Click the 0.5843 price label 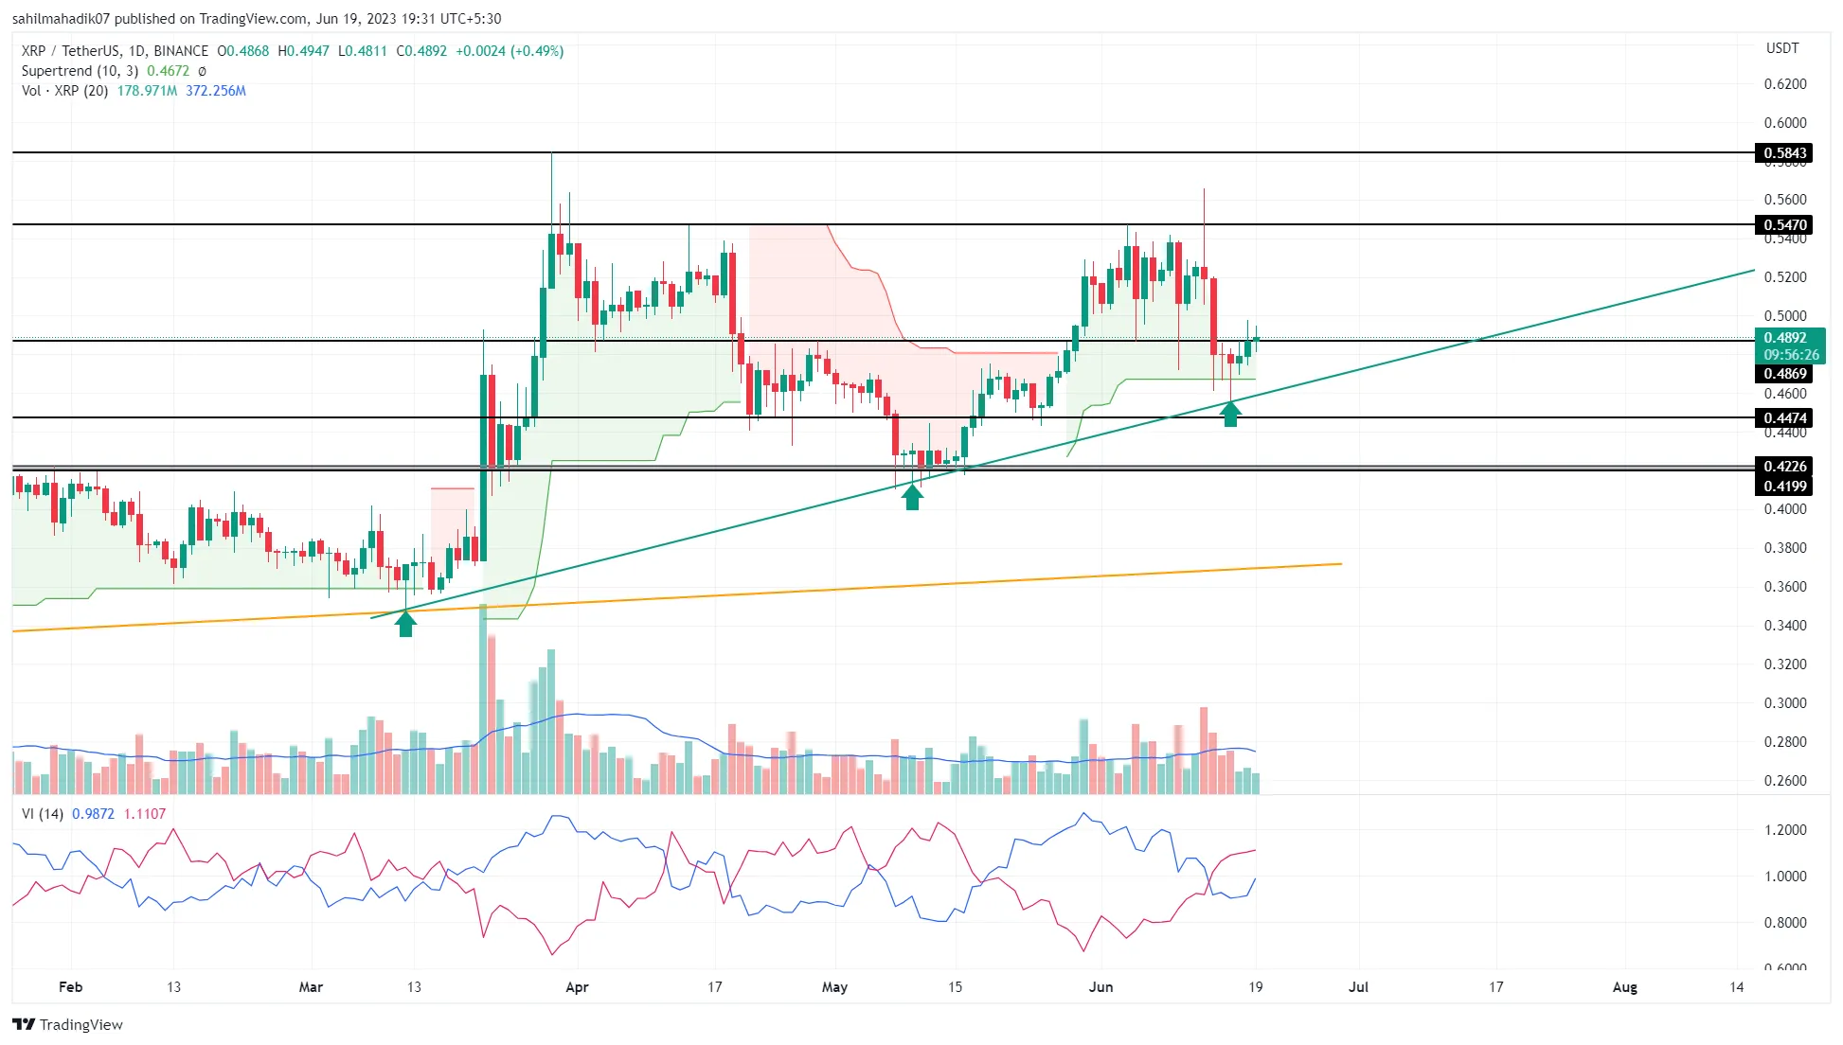[1784, 152]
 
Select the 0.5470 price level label [1784, 224]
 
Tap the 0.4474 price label [1784, 417]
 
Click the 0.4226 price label [1784, 466]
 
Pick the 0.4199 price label [1784, 486]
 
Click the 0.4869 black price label [1784, 374]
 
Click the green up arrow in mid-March [405, 624]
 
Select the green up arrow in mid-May [912, 497]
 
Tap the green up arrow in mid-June [1230, 414]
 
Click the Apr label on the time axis [577, 987]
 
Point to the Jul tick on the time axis [1358, 987]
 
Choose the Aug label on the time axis [1624, 987]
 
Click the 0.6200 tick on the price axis [1784, 84]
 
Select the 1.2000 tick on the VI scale [1784, 830]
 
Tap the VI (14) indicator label [43, 814]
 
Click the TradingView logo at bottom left [68, 1024]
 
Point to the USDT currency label [1782, 48]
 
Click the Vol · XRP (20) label [64, 91]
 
